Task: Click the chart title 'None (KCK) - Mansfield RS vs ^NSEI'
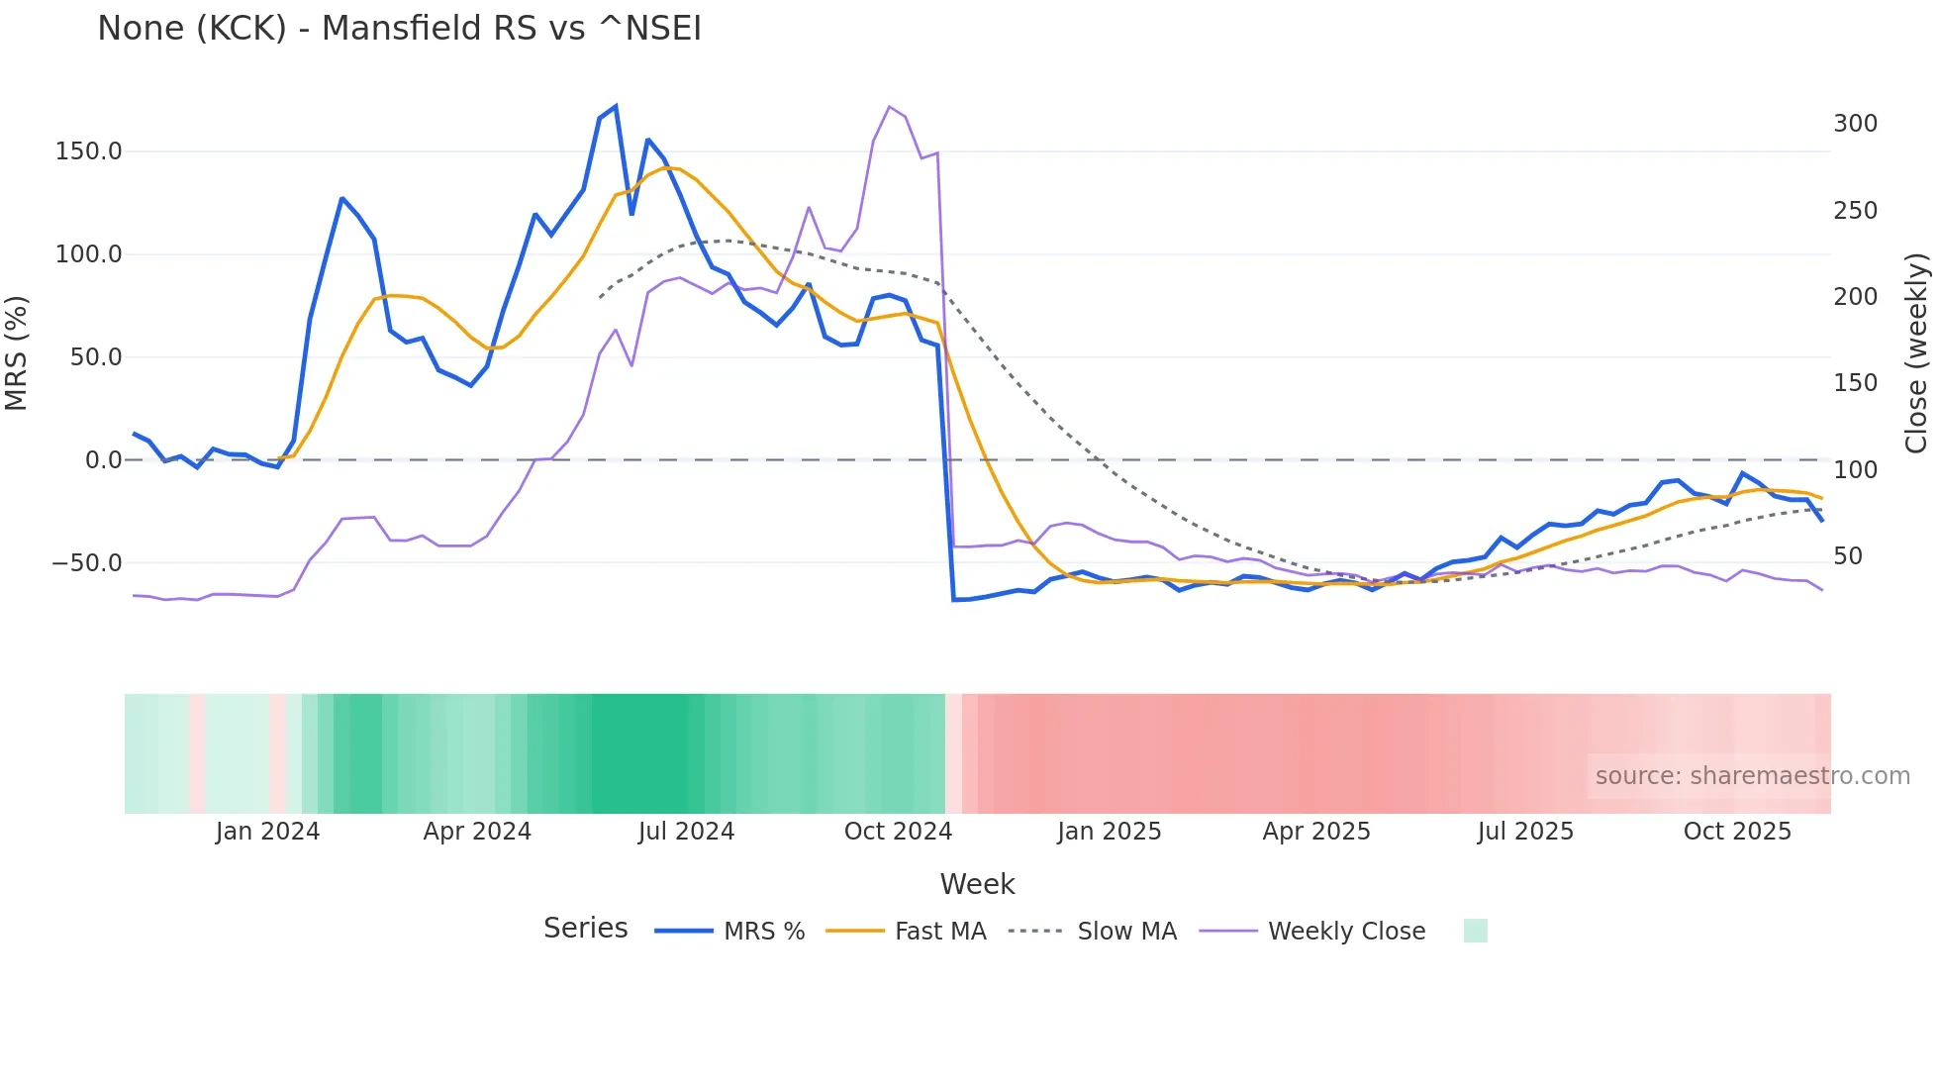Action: (x=399, y=29)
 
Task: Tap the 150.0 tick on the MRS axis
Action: (x=89, y=151)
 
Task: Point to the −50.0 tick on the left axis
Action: (x=87, y=563)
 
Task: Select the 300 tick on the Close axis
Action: (x=1855, y=124)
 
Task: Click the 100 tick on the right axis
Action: (x=1855, y=470)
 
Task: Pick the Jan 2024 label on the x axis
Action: (x=267, y=832)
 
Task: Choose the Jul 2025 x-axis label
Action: (x=1525, y=832)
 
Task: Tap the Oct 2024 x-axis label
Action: (x=898, y=832)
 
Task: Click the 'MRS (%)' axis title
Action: (x=17, y=352)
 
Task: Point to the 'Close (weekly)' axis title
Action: (x=1916, y=352)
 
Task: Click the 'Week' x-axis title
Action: (x=977, y=884)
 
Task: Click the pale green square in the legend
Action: (x=1475, y=931)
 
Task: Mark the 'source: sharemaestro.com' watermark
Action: (x=1752, y=776)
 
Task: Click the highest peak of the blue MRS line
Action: (x=616, y=106)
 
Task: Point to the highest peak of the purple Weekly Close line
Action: (x=890, y=107)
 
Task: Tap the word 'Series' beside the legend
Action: (x=585, y=929)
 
